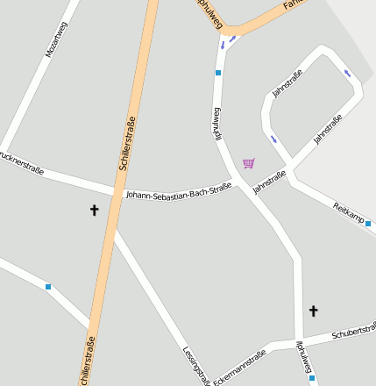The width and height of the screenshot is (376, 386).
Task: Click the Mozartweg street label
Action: click(x=58, y=39)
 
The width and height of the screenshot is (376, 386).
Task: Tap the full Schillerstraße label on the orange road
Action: click(x=125, y=143)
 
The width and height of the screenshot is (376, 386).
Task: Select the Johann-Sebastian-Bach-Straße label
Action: click(x=179, y=189)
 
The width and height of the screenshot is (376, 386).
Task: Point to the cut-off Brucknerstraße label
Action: click(x=22, y=163)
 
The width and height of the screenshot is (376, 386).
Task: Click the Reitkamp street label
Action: click(x=349, y=212)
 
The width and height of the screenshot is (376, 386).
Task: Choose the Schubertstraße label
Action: click(x=353, y=334)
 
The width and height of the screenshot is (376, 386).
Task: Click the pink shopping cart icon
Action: click(x=249, y=163)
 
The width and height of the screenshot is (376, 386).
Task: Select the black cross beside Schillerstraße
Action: click(x=94, y=210)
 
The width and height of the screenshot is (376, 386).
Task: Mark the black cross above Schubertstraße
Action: click(x=314, y=311)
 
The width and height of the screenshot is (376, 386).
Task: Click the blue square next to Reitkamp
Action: click(x=368, y=224)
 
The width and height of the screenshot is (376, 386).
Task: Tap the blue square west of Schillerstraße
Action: click(x=48, y=287)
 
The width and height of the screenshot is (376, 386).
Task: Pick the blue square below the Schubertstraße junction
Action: click(x=312, y=379)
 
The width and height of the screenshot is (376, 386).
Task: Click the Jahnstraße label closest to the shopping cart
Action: click(x=269, y=182)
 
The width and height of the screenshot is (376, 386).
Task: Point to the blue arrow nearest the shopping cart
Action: click(x=273, y=139)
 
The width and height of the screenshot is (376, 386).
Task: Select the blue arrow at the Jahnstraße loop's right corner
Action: click(x=349, y=73)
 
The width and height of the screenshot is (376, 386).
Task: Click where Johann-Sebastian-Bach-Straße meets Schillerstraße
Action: click(x=115, y=192)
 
